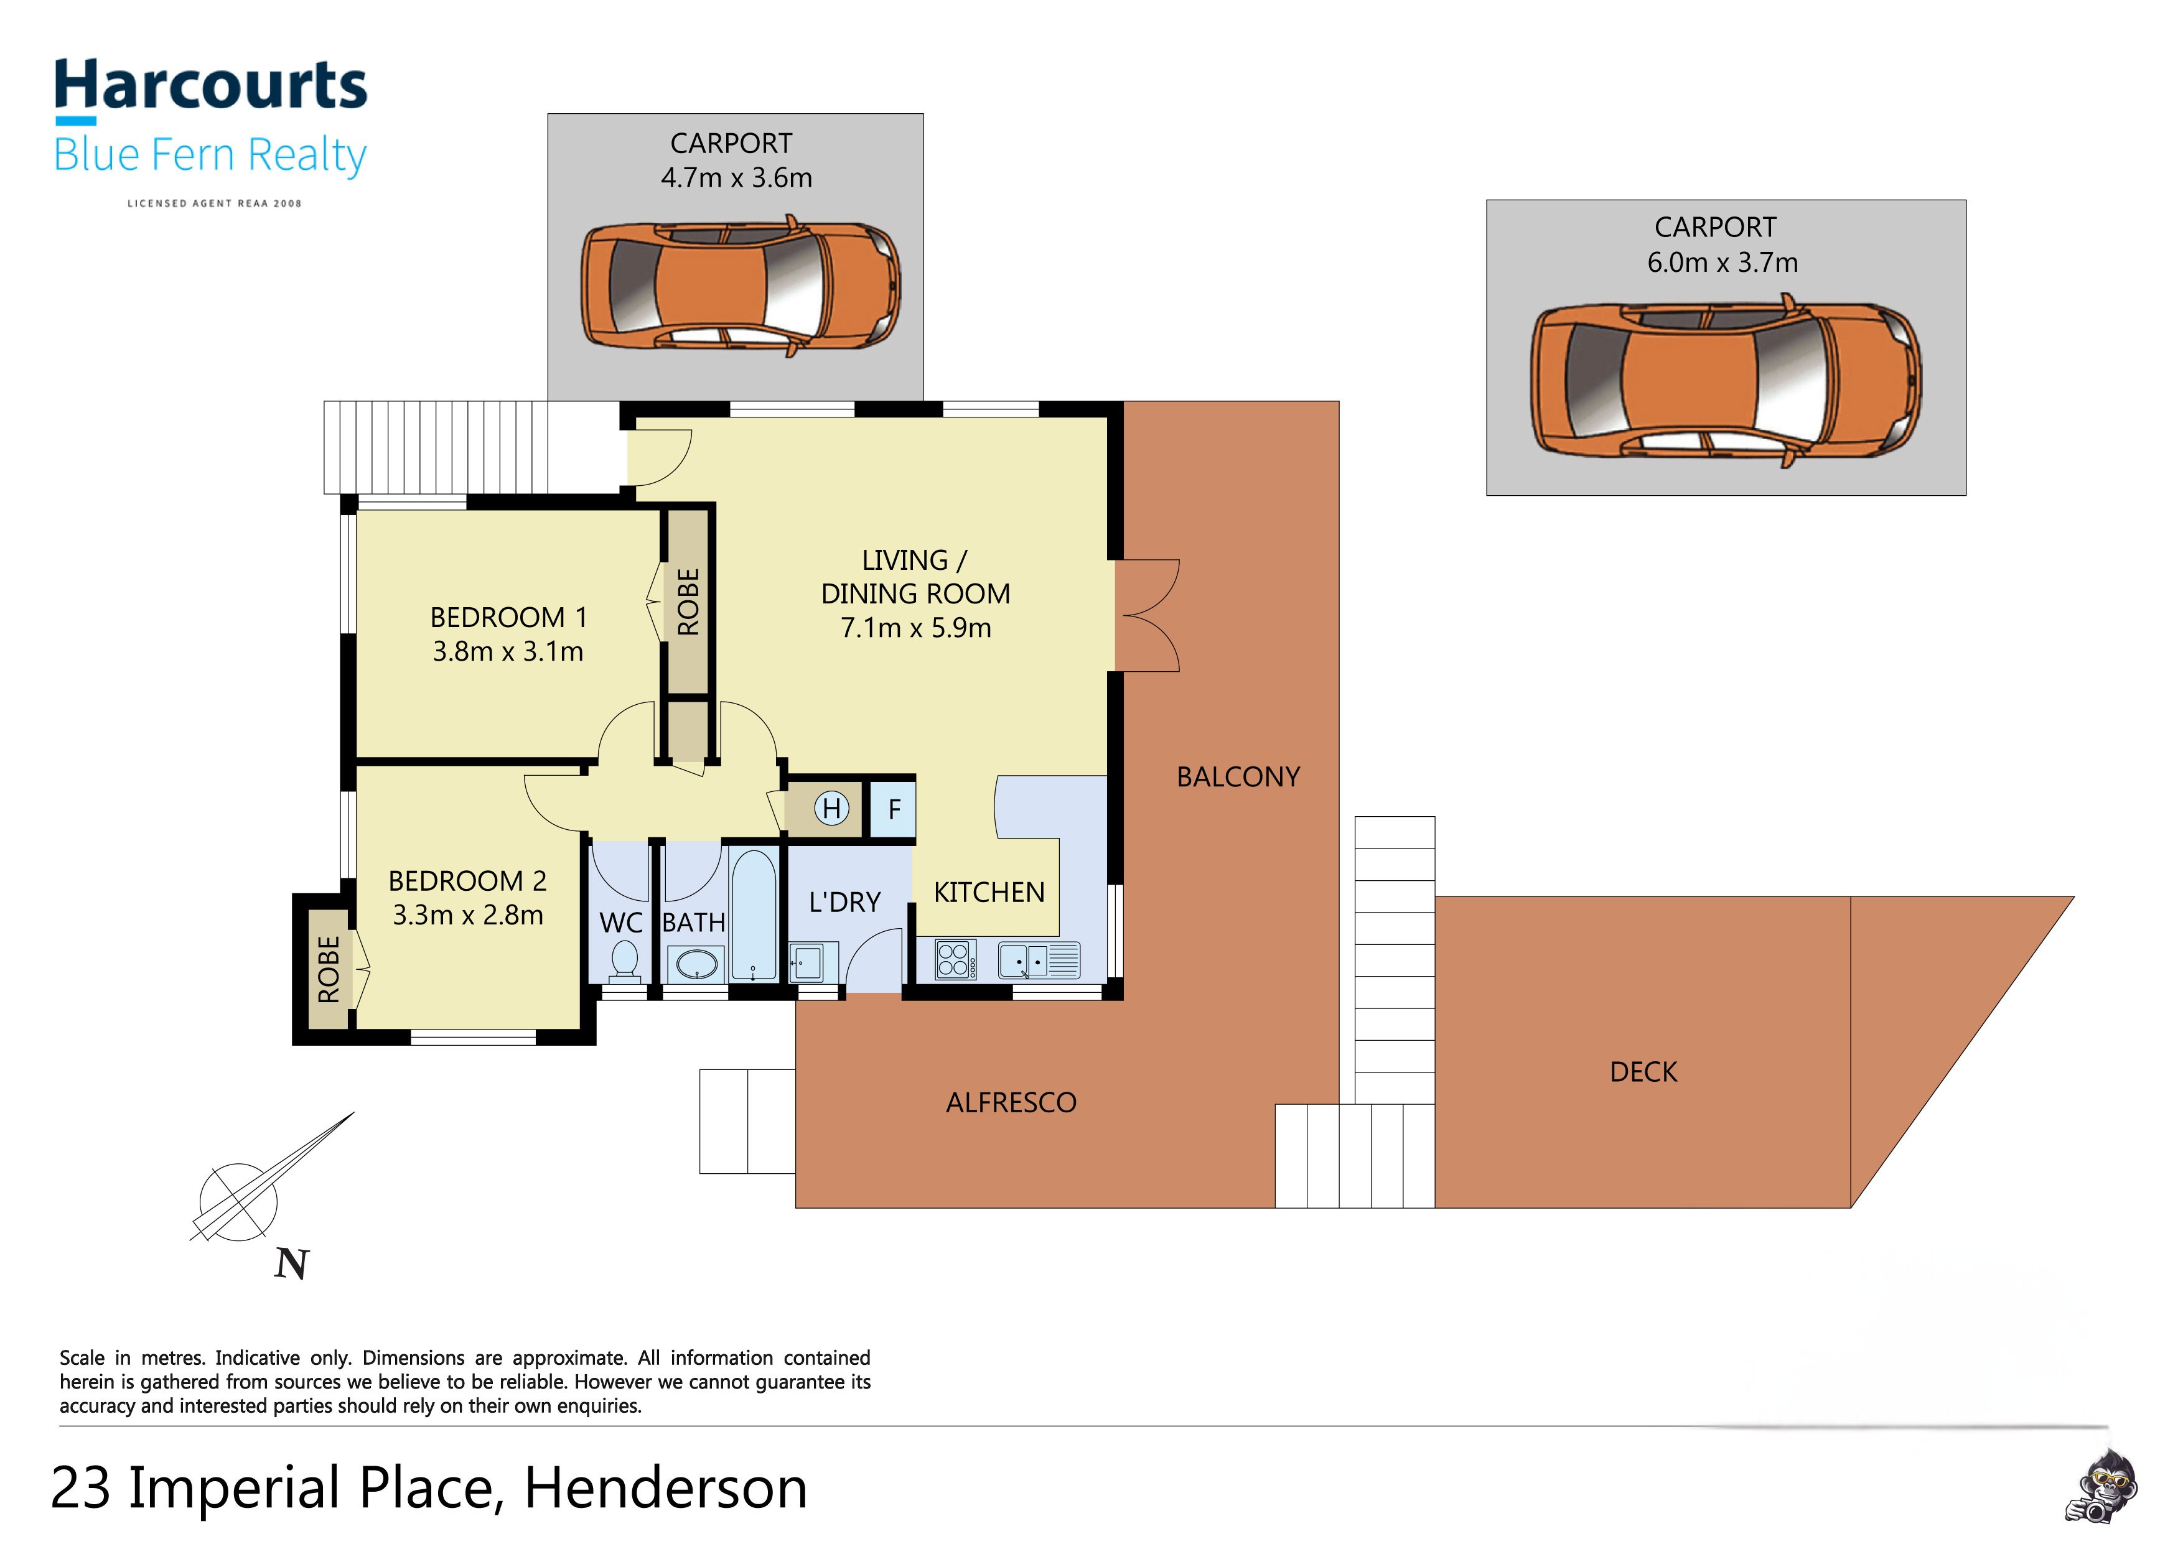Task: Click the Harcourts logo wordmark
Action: point(210,86)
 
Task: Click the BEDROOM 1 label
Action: point(508,618)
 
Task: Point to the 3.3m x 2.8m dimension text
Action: point(468,916)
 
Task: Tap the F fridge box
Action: point(894,809)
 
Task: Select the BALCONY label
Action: point(1237,778)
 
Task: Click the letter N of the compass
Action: point(291,1265)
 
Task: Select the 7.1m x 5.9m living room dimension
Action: point(915,628)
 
